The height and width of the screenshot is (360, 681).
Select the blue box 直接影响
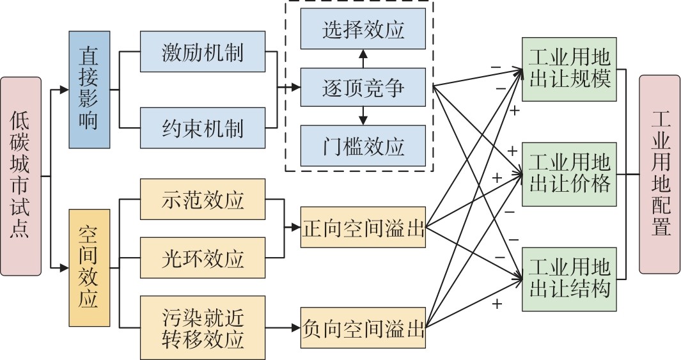90,90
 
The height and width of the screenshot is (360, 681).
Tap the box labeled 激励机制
202,52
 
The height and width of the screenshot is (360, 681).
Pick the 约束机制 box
202,129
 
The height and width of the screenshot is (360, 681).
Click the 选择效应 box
363,29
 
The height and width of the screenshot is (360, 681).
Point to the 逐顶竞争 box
363,88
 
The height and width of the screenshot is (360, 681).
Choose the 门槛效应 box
363,146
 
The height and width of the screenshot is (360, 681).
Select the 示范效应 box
202,200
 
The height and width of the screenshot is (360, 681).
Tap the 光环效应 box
202,258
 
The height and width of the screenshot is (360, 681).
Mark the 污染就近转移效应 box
202,327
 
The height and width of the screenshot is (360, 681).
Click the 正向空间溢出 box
363,227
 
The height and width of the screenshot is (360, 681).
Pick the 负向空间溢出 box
363,328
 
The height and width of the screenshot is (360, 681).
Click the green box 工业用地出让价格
569,174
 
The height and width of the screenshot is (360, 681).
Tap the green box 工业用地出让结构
569,279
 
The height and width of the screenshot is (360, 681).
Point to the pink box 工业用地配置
659,174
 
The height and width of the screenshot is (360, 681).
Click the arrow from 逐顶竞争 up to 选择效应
363,59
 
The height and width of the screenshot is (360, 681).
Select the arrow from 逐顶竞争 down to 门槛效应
363,116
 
